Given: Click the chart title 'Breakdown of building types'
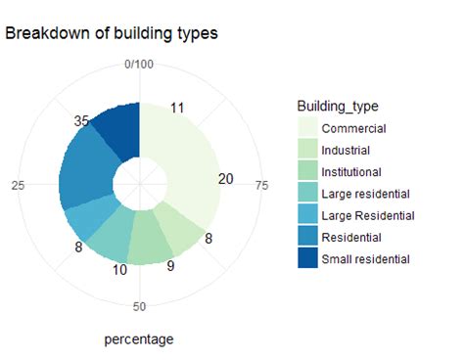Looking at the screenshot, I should coord(111,33).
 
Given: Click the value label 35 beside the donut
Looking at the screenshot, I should coord(82,121).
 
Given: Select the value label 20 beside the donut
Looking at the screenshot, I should coord(226,179).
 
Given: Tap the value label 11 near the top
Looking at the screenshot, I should coord(177,108).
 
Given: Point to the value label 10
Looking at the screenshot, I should coord(119,269).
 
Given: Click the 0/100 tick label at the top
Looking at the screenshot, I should coord(140,65).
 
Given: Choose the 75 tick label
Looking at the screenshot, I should coord(261,184).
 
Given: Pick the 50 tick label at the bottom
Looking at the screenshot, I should coord(140,307).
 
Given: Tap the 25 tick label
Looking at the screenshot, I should coord(18,185).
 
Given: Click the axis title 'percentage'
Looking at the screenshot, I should coord(139,339).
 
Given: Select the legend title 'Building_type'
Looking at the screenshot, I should coord(338,106).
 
